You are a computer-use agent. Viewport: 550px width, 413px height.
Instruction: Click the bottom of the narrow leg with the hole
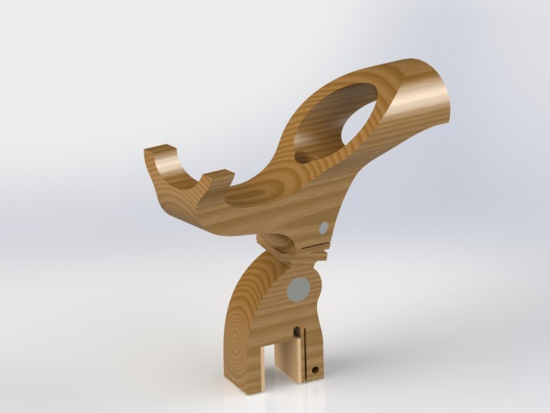314,378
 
